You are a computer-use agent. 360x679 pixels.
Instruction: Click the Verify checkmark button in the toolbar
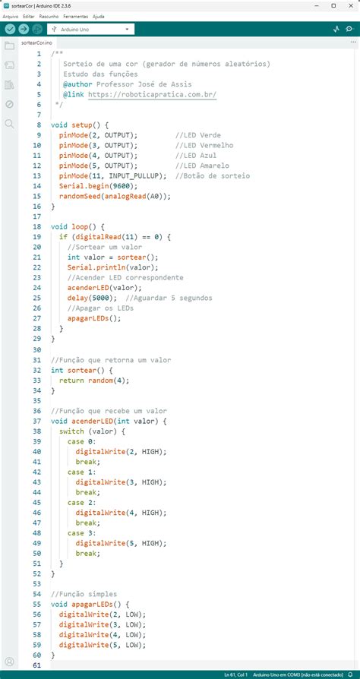[10, 29]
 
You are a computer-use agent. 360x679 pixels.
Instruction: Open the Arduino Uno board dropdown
[90, 30]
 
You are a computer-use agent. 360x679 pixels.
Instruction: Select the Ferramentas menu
[75, 17]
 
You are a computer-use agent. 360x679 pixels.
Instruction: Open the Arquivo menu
[11, 17]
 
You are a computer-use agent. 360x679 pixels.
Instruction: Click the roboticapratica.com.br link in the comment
[152, 94]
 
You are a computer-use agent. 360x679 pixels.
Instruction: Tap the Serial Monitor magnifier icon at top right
[349, 29]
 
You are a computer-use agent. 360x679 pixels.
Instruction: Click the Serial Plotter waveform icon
[336, 29]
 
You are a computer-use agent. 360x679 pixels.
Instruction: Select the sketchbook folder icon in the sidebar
[10, 46]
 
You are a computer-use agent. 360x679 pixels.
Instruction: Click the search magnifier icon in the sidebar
[10, 124]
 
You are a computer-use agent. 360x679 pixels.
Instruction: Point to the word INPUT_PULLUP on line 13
[136, 175]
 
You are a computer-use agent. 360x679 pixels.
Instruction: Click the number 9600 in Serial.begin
[122, 186]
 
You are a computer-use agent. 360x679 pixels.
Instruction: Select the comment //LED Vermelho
[204, 145]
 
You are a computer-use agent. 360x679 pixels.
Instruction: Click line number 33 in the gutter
[36, 381]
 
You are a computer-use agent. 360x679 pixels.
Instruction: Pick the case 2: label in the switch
[81, 502]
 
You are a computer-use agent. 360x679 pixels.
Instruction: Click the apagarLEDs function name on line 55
[92, 604]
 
